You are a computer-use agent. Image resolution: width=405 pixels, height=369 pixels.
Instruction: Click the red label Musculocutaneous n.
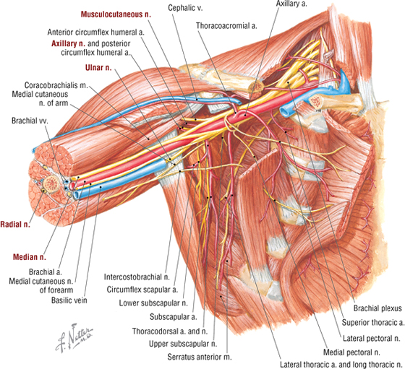pyautogui.click(x=116, y=14)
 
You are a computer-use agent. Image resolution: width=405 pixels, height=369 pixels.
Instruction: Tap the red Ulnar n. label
pyautogui.click(x=98, y=68)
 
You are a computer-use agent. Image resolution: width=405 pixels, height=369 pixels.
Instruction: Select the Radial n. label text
pyautogui.click(x=15, y=225)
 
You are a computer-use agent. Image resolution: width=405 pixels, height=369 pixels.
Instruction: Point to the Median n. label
pyautogui.click(x=30, y=257)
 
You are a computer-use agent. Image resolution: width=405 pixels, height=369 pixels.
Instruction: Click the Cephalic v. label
pyautogui.click(x=185, y=8)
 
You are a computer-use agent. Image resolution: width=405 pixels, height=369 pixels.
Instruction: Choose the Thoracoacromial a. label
pyautogui.click(x=226, y=26)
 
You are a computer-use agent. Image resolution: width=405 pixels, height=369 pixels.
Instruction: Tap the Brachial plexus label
pyautogui.click(x=378, y=308)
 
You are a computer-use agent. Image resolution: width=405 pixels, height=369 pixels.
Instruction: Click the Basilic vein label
pyautogui.click(x=69, y=300)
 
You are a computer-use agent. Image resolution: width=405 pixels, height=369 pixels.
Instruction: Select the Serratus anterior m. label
pyautogui.click(x=200, y=357)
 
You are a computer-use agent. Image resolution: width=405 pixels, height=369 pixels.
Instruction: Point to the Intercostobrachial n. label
pyautogui.click(x=137, y=277)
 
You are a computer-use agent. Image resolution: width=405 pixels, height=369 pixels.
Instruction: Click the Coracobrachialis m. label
pyautogui.click(x=56, y=85)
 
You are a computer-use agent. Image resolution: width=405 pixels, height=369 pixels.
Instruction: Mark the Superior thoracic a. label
pyautogui.click(x=373, y=322)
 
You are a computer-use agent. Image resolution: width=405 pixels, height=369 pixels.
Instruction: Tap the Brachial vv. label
pyautogui.click(x=30, y=121)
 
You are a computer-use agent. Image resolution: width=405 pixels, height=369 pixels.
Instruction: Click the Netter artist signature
pyautogui.click(x=74, y=337)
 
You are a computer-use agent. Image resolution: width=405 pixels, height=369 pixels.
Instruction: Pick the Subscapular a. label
pyautogui.click(x=174, y=317)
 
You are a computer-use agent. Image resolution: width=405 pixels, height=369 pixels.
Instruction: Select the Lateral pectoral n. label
pyautogui.click(x=372, y=339)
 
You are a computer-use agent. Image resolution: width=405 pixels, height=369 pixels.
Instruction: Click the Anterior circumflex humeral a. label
pyautogui.click(x=95, y=32)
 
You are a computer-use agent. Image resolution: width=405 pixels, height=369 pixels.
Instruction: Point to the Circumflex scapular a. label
pyautogui.click(x=142, y=290)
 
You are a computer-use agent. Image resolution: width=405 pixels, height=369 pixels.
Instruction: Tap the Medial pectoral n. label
pyautogui.click(x=351, y=352)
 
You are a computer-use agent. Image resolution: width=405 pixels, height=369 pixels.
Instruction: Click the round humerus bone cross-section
pyautogui.click(x=51, y=184)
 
